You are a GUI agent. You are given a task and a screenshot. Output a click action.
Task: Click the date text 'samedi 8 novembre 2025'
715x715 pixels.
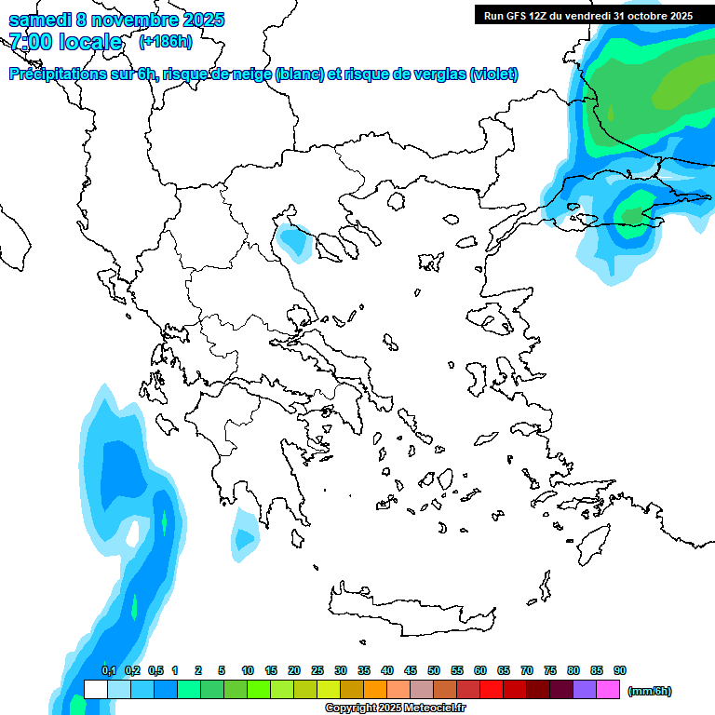[116, 20]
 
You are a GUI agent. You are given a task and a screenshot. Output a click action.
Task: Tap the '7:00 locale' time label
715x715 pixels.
[65, 42]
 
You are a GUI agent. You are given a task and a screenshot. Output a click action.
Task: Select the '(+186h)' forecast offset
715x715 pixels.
[166, 42]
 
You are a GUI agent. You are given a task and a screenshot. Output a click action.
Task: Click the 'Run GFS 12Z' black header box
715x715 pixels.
[587, 15]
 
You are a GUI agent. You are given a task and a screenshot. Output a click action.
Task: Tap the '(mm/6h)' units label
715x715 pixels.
[649, 691]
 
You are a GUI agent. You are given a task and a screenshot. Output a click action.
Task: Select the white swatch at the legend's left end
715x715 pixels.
[95, 690]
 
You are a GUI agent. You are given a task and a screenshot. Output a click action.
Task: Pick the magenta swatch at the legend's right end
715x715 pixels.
[608, 690]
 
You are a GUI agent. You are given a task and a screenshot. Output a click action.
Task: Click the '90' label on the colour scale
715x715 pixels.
[620, 670]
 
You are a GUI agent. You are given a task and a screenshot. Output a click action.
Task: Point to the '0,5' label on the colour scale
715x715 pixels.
[155, 670]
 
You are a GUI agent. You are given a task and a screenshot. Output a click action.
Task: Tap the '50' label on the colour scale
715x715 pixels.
[434, 670]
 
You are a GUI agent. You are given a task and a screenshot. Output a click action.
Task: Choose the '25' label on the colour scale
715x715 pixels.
[317, 670]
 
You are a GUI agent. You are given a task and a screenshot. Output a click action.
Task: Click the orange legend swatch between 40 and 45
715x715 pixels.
[398, 690]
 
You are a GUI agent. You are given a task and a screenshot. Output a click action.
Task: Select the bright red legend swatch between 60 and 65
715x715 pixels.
[492, 690]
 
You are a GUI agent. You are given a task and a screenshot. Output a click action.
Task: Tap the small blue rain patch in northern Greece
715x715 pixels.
[295, 241]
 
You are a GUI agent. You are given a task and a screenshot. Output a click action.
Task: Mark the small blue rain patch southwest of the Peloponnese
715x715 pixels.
[245, 538]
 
